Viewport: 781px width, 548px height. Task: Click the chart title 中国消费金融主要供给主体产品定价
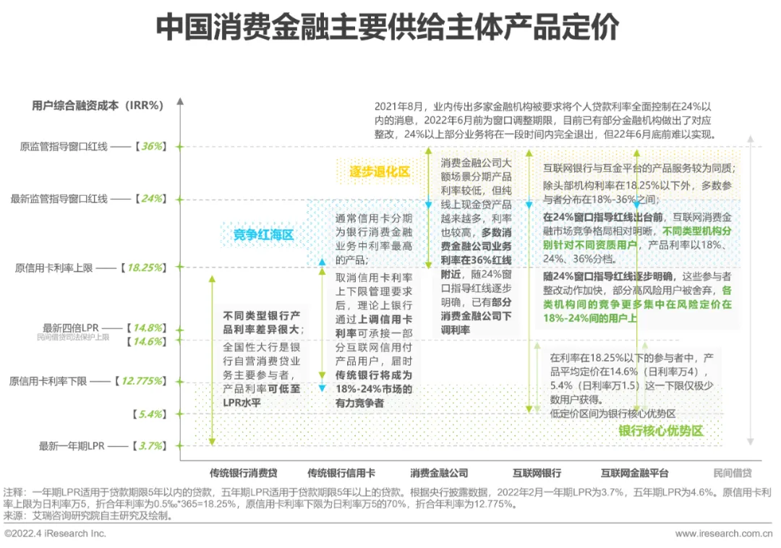388,28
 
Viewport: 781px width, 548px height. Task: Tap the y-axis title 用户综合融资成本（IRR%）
98,105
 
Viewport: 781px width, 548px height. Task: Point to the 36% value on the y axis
152,146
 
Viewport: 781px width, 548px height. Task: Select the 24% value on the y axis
152,199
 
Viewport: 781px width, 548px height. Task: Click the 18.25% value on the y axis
145,267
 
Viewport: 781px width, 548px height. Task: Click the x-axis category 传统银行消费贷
243,474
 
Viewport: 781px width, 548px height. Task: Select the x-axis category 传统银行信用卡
341,474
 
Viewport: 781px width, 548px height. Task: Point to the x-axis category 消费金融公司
439,474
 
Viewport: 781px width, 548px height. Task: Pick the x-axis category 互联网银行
537,474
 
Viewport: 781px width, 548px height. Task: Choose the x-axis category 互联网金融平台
634,474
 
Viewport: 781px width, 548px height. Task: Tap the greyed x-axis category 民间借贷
732,474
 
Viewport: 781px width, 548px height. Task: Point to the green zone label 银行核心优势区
660,432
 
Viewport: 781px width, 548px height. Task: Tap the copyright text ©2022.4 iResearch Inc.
55,534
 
